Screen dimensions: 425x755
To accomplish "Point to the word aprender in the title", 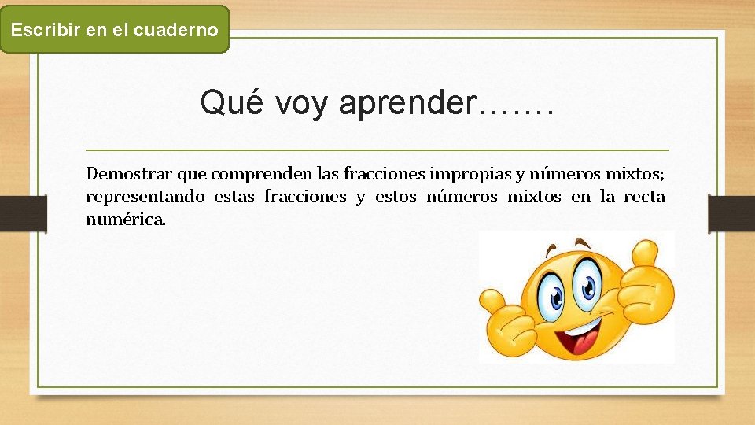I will click(407, 104).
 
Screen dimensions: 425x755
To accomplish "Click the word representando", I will click(145, 197).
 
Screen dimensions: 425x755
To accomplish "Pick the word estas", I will click(234, 197).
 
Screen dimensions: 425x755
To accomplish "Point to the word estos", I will click(396, 197).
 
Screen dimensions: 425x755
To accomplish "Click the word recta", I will click(644, 197).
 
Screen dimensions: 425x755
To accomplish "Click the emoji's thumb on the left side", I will click(492, 303).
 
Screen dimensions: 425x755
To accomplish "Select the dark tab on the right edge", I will click(731, 213).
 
